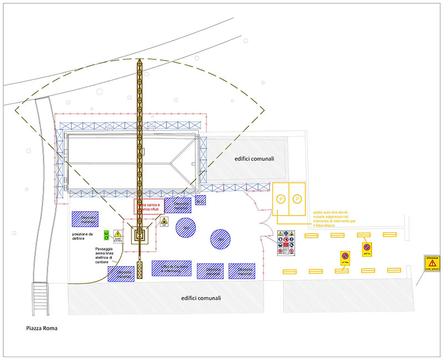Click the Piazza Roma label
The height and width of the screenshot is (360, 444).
coord(42,328)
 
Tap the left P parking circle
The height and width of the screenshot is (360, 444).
coord(281,198)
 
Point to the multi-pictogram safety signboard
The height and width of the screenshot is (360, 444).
coord(286,243)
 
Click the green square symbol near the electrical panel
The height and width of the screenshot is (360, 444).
coord(107,236)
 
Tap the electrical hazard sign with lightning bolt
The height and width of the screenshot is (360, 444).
coord(118,236)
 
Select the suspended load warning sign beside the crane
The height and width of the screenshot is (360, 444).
coord(164,222)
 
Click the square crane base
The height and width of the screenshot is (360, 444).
coord(139,236)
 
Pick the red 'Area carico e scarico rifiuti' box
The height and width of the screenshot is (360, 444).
coord(149,207)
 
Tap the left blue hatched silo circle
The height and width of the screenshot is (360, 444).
coord(186,228)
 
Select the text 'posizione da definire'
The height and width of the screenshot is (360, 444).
coord(84,237)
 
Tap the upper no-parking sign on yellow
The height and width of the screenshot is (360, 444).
coord(366,249)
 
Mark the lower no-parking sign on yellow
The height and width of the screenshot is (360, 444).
coord(345,258)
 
